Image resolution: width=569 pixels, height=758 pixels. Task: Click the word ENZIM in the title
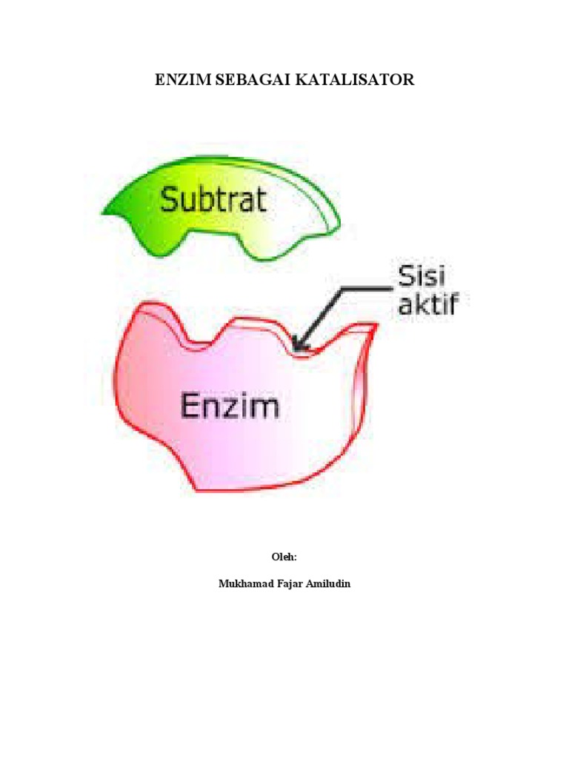182,80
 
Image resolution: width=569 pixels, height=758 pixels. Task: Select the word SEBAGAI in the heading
248,80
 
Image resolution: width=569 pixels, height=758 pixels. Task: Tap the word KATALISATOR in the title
355,80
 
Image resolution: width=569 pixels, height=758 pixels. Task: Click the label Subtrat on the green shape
213,199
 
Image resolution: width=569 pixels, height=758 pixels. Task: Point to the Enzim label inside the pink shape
230,406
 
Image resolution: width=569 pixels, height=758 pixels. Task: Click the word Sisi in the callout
423,279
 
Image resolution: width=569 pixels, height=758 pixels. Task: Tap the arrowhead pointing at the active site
296,346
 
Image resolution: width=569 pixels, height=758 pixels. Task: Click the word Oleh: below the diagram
284,556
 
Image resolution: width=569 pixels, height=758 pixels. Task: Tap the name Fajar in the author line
290,583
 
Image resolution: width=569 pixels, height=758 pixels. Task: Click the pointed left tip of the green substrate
104,212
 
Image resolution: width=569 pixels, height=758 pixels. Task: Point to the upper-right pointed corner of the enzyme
376,326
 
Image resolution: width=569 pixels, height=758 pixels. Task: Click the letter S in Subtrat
169,199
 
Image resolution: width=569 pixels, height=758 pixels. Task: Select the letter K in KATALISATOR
301,80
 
